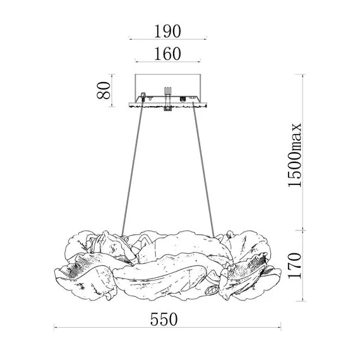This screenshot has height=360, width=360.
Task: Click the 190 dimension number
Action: tap(167, 31)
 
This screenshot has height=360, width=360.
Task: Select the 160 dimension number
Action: tap(167, 54)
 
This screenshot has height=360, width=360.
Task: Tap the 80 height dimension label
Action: tap(104, 90)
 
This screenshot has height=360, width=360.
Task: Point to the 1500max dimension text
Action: tap(294, 155)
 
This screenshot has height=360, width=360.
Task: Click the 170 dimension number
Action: tap(294, 266)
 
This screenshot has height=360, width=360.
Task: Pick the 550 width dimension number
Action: tap(164, 319)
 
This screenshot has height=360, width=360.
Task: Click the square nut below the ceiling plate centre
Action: tap(168, 109)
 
